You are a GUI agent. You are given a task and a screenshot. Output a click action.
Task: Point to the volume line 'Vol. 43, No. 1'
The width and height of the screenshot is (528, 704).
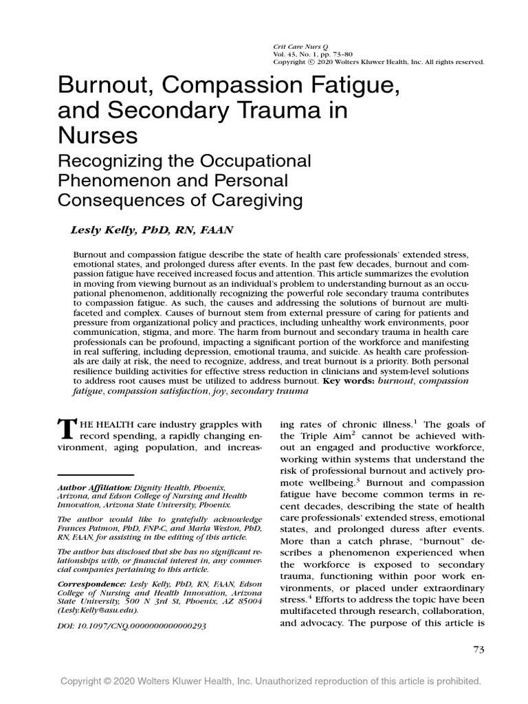pyautogui.click(x=290, y=52)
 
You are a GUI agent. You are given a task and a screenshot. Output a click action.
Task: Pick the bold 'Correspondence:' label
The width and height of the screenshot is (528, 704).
pyautogui.click(x=91, y=582)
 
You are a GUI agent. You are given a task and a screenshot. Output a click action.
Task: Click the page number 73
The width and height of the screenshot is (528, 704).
pyautogui.click(x=479, y=650)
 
